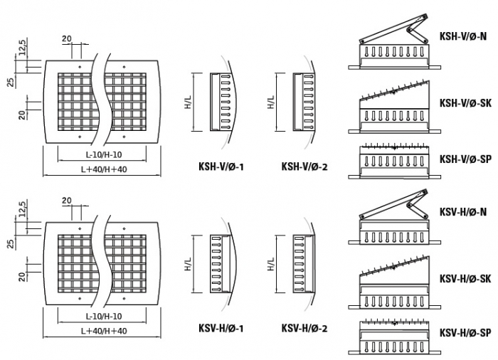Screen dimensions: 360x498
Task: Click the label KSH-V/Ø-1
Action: [x=221, y=168]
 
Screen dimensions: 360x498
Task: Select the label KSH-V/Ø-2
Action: [x=304, y=168]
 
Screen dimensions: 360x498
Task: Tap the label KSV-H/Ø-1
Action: [x=221, y=329]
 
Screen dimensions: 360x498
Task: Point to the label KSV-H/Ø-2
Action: [x=304, y=329]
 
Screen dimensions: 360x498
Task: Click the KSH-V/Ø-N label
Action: [x=462, y=35]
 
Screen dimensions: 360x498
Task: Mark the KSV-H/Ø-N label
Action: [x=462, y=212]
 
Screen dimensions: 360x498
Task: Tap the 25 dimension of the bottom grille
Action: [x=11, y=245]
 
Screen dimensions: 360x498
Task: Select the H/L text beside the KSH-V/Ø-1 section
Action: [x=187, y=103]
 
